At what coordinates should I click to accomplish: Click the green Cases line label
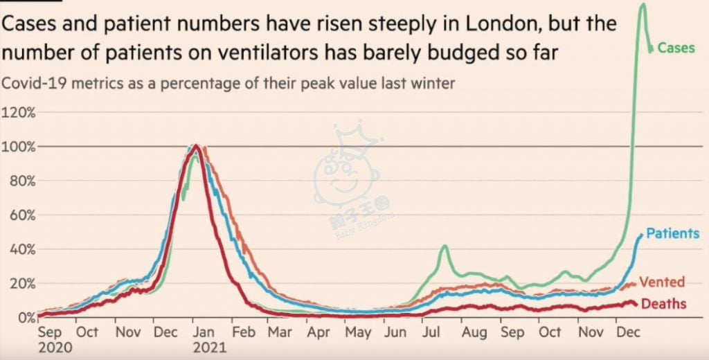coord(675,48)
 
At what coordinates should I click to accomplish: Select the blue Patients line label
coord(672,233)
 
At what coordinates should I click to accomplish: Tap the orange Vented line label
coord(662,282)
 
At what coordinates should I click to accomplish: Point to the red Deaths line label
coord(664,304)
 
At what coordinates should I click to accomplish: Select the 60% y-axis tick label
coord(21,215)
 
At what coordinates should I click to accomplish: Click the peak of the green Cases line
coord(643,5)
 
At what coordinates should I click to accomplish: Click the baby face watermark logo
coord(351,177)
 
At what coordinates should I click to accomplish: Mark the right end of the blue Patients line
coord(641,236)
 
